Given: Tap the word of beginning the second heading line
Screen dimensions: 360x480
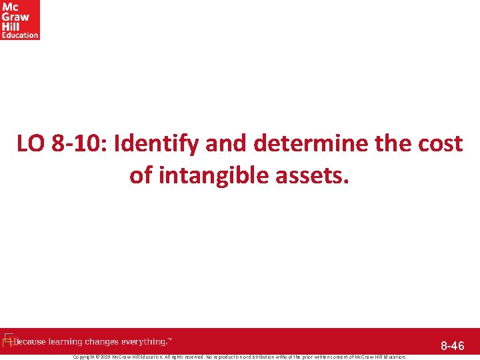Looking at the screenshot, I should click(141, 175).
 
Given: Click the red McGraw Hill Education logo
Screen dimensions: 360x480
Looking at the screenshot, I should click(20, 20).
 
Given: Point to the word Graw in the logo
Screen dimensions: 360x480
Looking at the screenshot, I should click(13, 17).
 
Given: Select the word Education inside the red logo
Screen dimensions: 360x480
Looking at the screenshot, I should click(20, 35).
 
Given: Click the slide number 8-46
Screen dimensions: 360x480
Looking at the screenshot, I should click(453, 346).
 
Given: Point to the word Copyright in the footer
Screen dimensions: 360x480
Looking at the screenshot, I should click(85, 357).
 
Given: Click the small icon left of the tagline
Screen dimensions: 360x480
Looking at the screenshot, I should click(8, 341).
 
